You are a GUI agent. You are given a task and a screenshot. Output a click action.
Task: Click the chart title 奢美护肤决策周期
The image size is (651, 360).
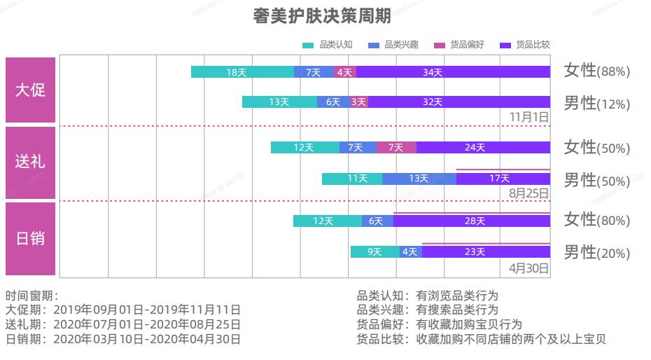pos(321,17)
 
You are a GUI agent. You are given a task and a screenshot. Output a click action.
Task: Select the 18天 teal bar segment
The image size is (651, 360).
pos(242,71)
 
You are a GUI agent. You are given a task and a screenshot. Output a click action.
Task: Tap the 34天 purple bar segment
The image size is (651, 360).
pos(453,71)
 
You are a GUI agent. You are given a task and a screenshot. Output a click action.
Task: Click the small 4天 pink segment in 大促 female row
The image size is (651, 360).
pos(344,71)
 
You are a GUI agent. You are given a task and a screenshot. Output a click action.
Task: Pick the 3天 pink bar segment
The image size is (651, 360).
pos(359,102)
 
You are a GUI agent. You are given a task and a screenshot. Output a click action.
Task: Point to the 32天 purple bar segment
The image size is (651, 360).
pos(458,102)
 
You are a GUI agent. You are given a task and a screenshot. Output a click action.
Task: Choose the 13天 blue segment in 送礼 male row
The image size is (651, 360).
pos(419,178)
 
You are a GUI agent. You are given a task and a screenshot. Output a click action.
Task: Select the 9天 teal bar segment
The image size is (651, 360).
pos(374,251)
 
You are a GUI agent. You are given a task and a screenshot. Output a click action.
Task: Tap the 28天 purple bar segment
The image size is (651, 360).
pos(472,221)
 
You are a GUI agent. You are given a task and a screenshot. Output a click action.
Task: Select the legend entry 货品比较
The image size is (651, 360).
pos(525,45)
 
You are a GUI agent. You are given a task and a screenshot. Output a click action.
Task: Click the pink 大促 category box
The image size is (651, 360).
pos(30,90)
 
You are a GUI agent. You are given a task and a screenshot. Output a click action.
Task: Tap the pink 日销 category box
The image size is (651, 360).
pos(30,238)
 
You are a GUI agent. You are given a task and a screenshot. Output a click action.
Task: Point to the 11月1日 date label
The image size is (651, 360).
pos(528,116)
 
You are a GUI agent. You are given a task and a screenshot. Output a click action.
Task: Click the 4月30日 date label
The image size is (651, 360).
pos(528,268)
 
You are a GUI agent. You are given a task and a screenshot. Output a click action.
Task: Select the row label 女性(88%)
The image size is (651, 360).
pos(596,71)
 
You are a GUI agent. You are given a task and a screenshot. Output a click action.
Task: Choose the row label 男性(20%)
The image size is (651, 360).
pos(596,253)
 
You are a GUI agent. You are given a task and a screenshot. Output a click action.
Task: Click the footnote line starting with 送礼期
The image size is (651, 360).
pos(122,324)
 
